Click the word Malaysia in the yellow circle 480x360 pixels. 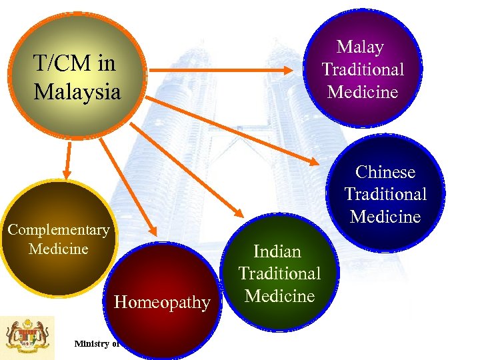[77, 91]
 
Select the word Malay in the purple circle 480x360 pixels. [360, 47]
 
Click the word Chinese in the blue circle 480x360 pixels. [385, 172]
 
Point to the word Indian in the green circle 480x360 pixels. [277, 251]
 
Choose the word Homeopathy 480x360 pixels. [162, 303]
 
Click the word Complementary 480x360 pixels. [59, 230]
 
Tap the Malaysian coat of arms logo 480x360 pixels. [21, 337]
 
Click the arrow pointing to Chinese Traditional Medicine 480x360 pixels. [233, 131]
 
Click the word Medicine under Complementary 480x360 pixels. [59, 249]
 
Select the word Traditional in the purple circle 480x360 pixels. [363, 69]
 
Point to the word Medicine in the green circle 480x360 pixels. [279, 296]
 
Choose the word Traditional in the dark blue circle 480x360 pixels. [385, 194]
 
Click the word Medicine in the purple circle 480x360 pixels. [363, 91]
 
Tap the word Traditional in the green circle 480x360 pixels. [279, 273]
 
